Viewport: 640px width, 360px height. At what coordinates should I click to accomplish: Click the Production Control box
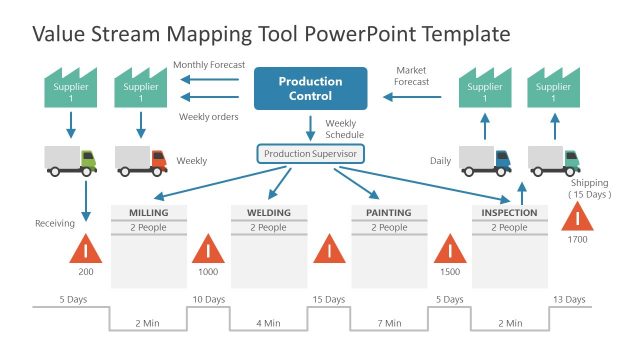[310, 88]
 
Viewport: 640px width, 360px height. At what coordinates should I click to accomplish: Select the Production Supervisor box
[310, 154]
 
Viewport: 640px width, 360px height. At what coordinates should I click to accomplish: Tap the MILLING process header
[148, 213]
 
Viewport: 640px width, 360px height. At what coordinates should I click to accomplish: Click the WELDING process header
[268, 213]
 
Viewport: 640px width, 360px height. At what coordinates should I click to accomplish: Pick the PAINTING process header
[388, 213]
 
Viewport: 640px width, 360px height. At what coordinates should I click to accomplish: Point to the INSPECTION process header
[509, 213]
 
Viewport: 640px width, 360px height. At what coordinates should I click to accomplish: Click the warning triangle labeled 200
[86, 248]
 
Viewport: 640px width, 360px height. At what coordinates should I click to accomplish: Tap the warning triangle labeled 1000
[208, 248]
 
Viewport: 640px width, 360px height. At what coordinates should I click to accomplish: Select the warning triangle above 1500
[450, 248]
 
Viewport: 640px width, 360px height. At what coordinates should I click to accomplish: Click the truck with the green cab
[71, 160]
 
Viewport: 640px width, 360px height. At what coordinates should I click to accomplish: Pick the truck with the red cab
[141, 160]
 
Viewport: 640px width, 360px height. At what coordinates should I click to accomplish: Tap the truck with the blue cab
[484, 160]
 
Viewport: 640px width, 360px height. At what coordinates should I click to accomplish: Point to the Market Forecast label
[412, 77]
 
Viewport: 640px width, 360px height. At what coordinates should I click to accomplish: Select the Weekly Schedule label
[344, 129]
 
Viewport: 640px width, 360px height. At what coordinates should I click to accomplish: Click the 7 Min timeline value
[389, 323]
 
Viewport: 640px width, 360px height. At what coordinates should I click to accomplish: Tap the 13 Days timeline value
[569, 299]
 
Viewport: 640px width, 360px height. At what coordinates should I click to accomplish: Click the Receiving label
[55, 223]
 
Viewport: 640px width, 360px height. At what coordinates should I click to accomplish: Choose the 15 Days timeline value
[328, 299]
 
